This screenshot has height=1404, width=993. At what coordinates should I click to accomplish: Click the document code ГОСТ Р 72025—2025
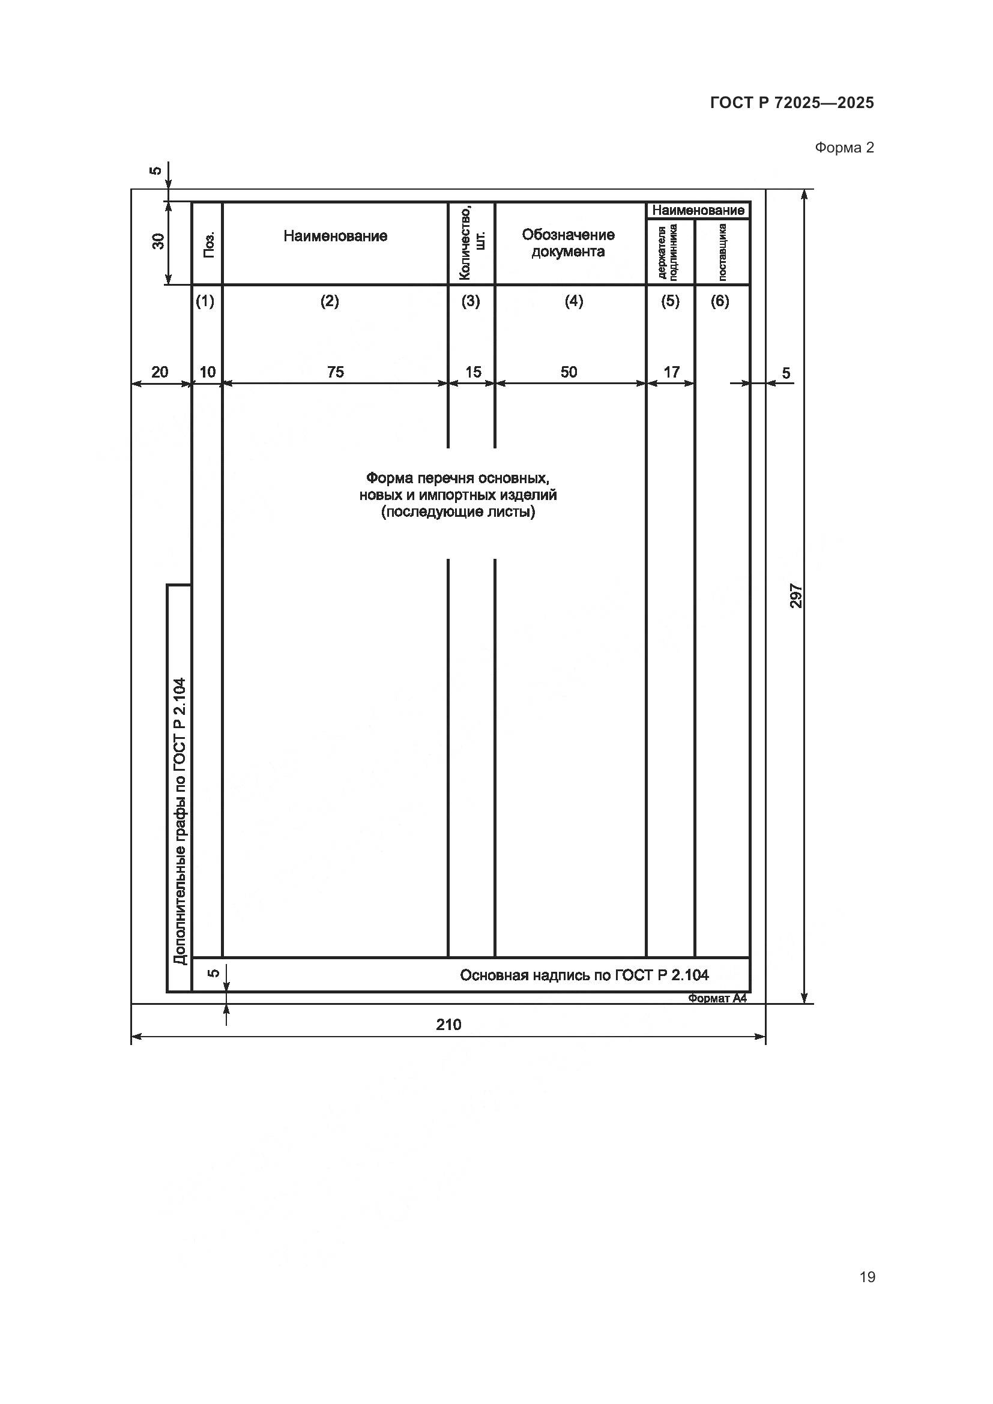tap(792, 103)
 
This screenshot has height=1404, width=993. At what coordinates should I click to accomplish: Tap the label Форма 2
tap(844, 148)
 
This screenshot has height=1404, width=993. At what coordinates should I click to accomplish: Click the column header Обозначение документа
tap(568, 243)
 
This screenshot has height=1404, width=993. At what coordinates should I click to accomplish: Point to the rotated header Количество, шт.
tap(471, 243)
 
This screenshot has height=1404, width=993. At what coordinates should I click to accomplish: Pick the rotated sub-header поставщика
tap(722, 252)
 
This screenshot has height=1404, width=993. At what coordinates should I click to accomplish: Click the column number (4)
tap(573, 301)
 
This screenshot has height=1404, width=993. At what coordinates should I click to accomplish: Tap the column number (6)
tap(720, 301)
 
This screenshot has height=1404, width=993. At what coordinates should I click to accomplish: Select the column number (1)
tap(205, 301)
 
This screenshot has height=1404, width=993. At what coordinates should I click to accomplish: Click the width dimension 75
tap(335, 372)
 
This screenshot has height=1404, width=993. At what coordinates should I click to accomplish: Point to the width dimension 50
tap(569, 372)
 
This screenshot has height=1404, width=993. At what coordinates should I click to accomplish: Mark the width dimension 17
tap(671, 372)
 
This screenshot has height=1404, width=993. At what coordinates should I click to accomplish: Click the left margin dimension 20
tap(160, 372)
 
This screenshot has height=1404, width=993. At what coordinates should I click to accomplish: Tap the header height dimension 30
tap(158, 241)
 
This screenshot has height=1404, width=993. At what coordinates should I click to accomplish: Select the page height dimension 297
tap(795, 595)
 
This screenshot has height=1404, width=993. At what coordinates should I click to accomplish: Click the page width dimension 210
tap(448, 1024)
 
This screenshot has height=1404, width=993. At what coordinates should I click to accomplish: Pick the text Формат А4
tap(717, 998)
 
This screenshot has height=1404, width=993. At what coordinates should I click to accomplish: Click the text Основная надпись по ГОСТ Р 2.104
tap(584, 975)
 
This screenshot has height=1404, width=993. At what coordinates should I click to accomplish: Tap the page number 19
tap(866, 1277)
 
